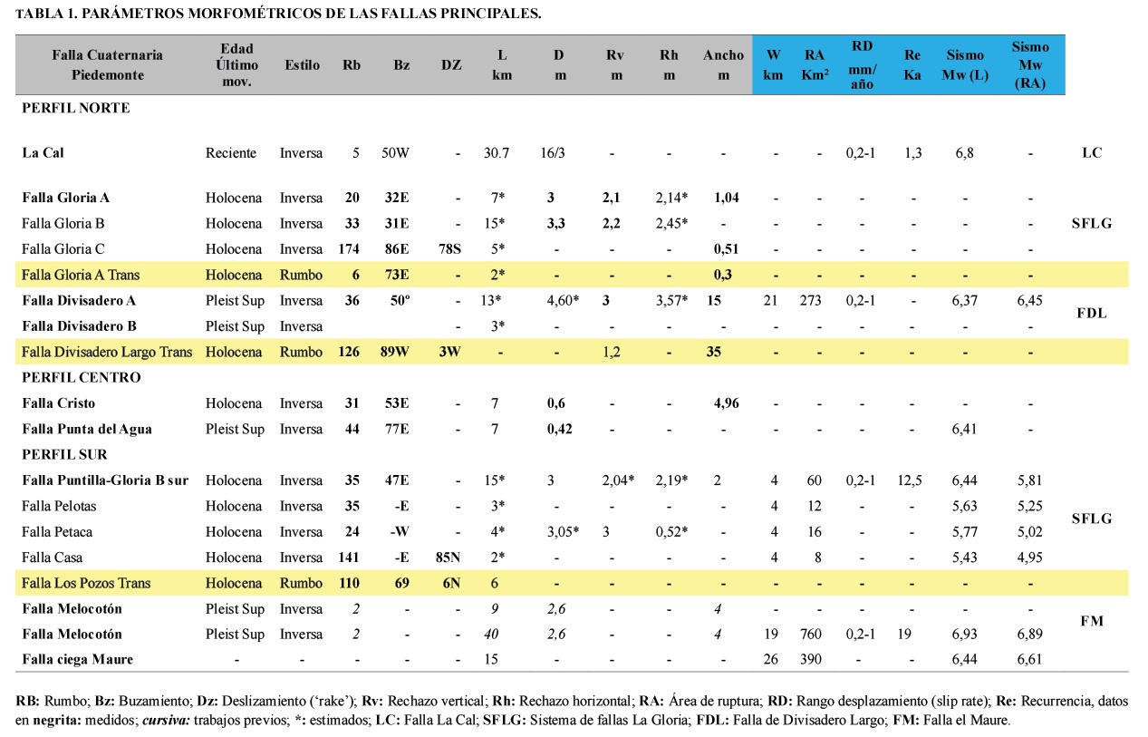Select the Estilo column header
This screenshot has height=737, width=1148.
(302, 65)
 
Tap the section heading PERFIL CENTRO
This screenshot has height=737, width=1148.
(82, 377)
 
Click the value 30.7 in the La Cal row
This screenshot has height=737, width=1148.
(497, 153)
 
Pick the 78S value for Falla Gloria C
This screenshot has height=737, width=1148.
(450, 249)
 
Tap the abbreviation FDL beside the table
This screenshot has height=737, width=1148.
(1091, 313)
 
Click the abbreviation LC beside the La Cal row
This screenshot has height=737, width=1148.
(1092, 153)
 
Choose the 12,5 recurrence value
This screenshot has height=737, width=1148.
(912, 480)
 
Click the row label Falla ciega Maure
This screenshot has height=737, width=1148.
(77, 659)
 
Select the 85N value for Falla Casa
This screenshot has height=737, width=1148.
(450, 558)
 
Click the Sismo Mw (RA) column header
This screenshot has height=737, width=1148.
(1031, 65)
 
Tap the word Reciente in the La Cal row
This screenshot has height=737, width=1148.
(231, 153)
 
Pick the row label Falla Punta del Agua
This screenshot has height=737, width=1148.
(87, 429)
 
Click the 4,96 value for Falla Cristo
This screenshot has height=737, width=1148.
(721, 403)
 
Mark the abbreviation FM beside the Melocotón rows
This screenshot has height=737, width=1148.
(1091, 621)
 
